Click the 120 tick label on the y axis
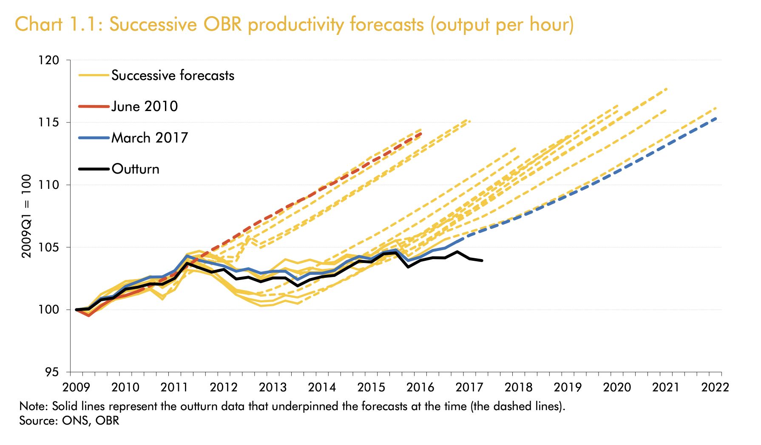pyautogui.click(x=50, y=60)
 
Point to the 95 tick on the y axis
pyautogui.click(x=53, y=372)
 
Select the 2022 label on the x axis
pyautogui.click(x=715, y=388)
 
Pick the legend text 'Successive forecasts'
pyautogui.click(x=173, y=76)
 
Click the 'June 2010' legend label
pyautogui.click(x=145, y=106)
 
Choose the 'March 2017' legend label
pyautogui.click(x=149, y=138)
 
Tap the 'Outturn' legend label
pyautogui.click(x=135, y=169)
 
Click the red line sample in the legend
pyautogui.click(x=94, y=106)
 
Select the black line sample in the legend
pyautogui.click(x=94, y=169)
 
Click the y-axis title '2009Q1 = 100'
pyautogui.click(x=27, y=216)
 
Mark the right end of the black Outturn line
pyautogui.click(x=482, y=260)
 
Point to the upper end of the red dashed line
pyautogui.click(x=421, y=134)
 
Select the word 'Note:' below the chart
pyautogui.click(x=34, y=406)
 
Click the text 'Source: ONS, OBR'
pyautogui.click(x=69, y=421)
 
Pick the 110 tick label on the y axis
pyautogui.click(x=50, y=185)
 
